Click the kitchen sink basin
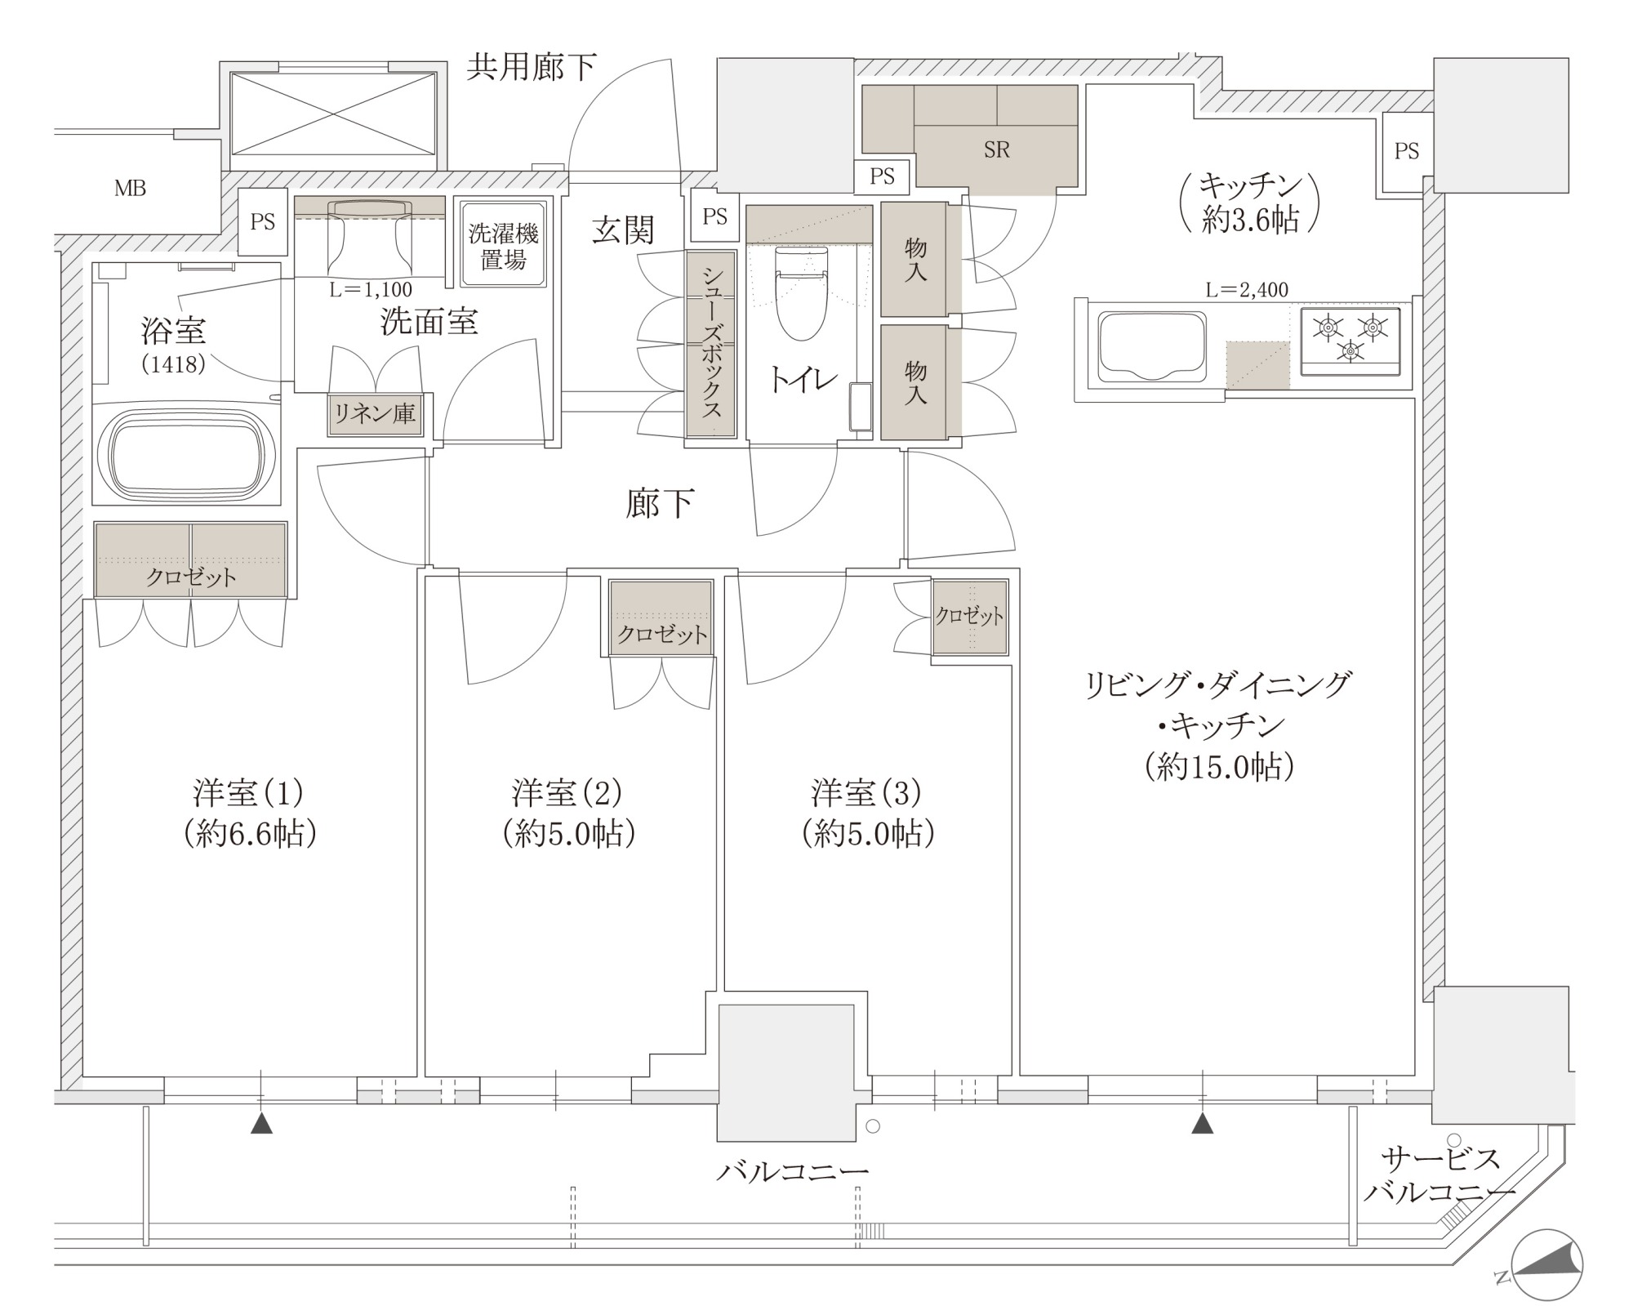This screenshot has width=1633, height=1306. click(1152, 346)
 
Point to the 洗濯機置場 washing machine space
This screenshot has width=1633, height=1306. click(503, 244)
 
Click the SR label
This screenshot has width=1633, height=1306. click(996, 149)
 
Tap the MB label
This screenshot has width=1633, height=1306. click(130, 189)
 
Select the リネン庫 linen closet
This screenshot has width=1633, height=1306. click(374, 414)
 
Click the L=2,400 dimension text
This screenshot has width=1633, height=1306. click(1247, 289)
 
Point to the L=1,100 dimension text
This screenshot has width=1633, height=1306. click(371, 289)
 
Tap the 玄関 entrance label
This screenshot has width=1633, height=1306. click(623, 231)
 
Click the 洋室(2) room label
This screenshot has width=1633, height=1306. click(568, 791)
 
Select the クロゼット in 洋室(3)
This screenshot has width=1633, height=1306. click(970, 617)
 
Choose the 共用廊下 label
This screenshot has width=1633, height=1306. click(532, 67)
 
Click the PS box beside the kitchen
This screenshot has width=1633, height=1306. click(1406, 152)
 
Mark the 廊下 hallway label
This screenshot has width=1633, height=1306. click(660, 504)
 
